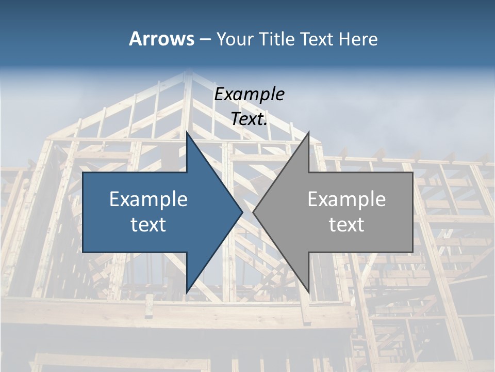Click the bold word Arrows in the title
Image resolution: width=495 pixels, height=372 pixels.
tap(161, 39)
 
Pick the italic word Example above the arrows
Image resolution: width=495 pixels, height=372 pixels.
tap(249, 94)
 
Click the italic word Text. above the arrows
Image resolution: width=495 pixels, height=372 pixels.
tap(249, 119)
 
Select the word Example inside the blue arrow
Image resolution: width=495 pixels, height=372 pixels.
tap(148, 199)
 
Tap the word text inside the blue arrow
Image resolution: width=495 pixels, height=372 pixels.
tap(148, 224)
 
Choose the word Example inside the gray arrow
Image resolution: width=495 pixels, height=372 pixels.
tap(346, 199)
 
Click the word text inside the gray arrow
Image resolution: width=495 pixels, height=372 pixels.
tap(346, 224)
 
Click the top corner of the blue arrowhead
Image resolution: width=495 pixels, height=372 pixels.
tap(187, 132)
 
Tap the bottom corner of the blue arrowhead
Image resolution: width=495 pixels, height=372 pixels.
tap(187, 292)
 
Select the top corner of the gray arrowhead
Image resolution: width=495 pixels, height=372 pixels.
tap(308, 132)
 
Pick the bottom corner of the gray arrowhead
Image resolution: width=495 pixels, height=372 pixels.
tap(308, 292)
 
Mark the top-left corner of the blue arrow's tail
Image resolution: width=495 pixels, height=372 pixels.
tap(83, 173)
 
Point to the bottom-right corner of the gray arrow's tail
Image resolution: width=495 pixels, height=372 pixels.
tap(412, 252)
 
